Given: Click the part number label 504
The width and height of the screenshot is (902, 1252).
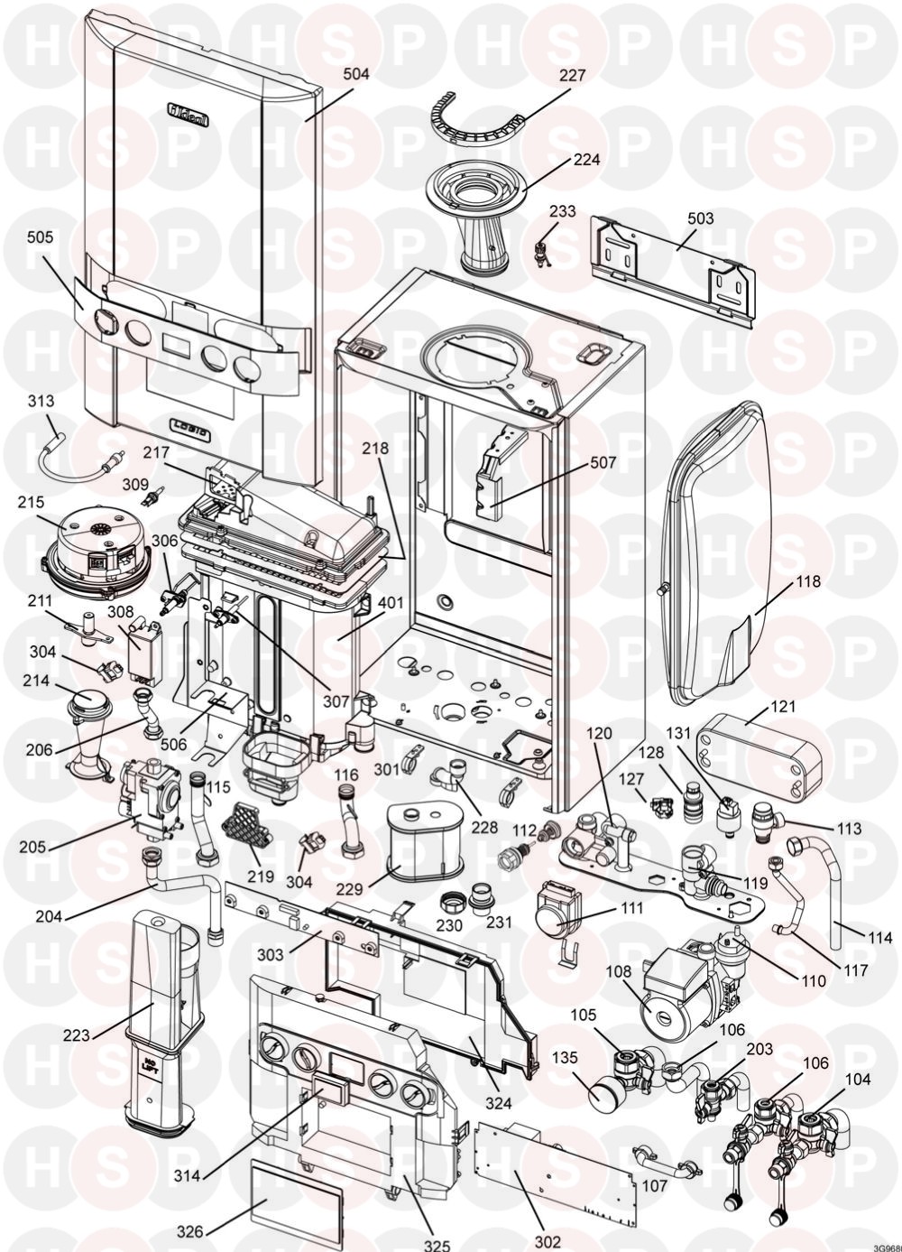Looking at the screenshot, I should (x=356, y=74).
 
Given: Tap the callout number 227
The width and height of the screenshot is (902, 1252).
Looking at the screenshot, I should (x=572, y=77).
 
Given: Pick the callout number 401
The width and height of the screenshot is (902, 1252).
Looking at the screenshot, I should (x=397, y=601).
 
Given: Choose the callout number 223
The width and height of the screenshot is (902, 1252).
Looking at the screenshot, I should (x=78, y=1034).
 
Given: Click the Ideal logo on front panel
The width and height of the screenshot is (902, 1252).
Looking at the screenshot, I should (x=190, y=113).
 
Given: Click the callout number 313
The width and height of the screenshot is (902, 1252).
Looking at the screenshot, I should (x=41, y=401).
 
